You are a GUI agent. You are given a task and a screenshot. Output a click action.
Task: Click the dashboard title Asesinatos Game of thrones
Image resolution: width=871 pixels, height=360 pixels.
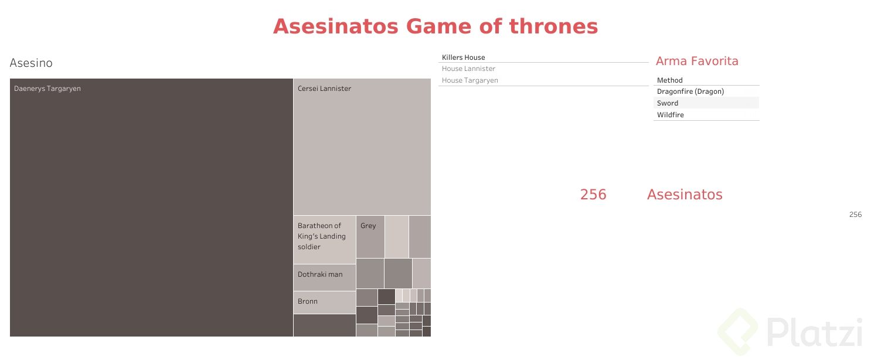coord(435,27)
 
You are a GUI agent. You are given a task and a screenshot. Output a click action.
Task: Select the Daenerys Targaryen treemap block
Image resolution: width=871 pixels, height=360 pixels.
coord(151,208)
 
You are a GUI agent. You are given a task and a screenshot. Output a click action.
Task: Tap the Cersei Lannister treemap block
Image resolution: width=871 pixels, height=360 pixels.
coord(362,147)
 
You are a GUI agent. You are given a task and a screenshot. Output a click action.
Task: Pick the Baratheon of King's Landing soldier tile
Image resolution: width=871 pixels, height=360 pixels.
coord(324,240)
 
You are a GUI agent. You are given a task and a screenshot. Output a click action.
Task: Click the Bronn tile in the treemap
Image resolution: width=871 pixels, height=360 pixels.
coord(324,302)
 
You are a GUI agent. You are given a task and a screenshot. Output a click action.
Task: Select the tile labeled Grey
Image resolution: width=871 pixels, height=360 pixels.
coord(370,237)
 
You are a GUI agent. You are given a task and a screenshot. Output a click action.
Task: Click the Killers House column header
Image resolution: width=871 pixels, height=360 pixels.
coord(463,57)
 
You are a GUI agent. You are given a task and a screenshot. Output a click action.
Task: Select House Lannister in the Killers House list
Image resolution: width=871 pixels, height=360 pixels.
coord(468,69)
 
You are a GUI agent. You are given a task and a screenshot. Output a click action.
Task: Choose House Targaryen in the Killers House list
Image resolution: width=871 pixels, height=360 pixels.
coord(470,80)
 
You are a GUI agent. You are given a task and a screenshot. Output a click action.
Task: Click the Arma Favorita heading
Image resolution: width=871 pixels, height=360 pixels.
coord(697,62)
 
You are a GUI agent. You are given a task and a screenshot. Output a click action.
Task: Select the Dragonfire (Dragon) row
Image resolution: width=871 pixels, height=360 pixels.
coord(690,91)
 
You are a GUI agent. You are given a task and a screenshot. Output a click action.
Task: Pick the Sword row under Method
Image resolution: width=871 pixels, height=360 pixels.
coord(668,103)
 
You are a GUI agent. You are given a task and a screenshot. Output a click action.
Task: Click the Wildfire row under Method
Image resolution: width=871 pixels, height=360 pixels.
coord(671,115)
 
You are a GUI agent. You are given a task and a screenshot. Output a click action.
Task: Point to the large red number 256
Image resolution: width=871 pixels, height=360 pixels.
coord(593,195)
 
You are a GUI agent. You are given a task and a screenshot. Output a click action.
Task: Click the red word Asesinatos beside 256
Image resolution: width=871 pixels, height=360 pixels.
coord(685,195)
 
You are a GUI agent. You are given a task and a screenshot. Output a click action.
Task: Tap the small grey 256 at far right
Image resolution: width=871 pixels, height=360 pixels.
coord(855,215)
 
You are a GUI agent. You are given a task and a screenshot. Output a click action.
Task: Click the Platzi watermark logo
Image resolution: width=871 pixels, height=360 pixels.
coord(792,332)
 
